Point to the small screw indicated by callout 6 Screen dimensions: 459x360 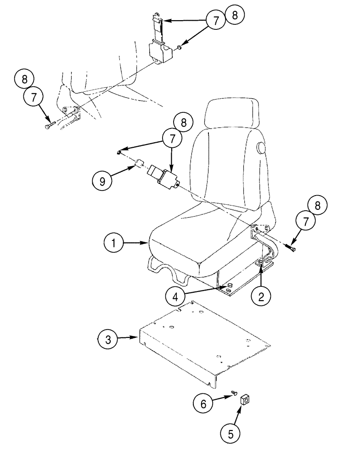click(x=233, y=393)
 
